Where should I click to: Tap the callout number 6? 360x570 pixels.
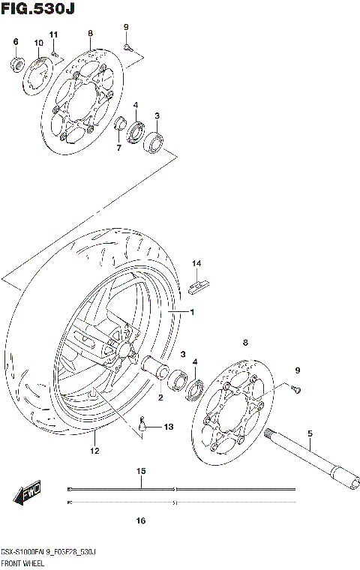pyautogui.click(x=15, y=41)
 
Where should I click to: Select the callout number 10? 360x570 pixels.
pyautogui.click(x=37, y=43)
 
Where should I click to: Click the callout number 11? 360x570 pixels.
pyautogui.click(x=53, y=34)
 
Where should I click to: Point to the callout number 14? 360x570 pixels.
pyautogui.click(x=196, y=263)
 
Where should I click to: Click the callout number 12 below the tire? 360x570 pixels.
pyautogui.click(x=94, y=451)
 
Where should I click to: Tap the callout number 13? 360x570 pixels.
pyautogui.click(x=168, y=426)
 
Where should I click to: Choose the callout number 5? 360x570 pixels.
pyautogui.click(x=309, y=433)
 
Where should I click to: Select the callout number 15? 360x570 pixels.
pyautogui.click(x=140, y=471)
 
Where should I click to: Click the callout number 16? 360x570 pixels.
pyautogui.click(x=140, y=520)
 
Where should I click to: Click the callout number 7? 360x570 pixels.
pyautogui.click(x=118, y=148)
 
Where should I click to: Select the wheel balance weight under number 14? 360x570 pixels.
pyautogui.click(x=199, y=283)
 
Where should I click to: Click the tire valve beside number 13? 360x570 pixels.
pyautogui.click(x=142, y=427)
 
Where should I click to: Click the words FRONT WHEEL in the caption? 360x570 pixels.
pyautogui.click(x=23, y=561)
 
